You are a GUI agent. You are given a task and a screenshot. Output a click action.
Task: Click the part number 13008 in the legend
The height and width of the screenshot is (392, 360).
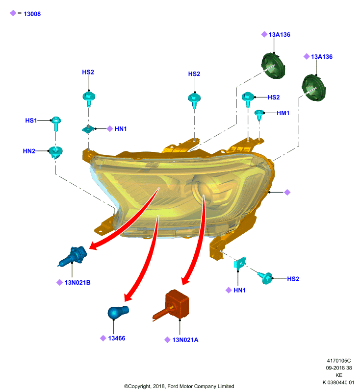click(x=32, y=14)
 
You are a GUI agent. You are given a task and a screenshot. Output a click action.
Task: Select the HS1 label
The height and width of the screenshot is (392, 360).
click(x=31, y=121)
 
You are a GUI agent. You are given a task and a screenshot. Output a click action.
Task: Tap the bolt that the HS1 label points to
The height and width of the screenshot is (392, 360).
click(x=56, y=123)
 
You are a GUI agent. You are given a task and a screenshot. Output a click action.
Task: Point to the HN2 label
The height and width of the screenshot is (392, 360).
click(x=29, y=151)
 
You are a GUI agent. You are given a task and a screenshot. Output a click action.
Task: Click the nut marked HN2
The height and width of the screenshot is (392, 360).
click(x=55, y=152)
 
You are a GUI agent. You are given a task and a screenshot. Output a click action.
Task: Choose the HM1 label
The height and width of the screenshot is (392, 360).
click(x=283, y=113)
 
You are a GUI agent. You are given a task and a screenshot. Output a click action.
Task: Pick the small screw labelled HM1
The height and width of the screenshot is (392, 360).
click(x=259, y=115)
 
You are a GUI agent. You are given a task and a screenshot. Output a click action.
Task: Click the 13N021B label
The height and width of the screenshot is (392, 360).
click(x=77, y=283)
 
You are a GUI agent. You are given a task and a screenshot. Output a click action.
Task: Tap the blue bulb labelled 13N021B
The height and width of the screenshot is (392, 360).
click(x=73, y=256)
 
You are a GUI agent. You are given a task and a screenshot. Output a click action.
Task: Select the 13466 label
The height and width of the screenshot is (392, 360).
click(x=117, y=338)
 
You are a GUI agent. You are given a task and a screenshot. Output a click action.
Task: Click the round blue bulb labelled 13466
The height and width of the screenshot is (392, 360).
click(x=118, y=312)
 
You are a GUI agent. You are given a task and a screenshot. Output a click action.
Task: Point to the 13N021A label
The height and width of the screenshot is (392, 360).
click(x=185, y=340)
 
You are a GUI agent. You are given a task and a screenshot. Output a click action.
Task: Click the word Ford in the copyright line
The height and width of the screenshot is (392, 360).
click(x=173, y=386)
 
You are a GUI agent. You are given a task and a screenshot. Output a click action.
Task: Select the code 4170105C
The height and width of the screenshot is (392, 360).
click(x=339, y=361)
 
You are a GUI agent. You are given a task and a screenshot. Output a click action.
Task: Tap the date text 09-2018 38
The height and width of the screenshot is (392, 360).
click(x=339, y=368)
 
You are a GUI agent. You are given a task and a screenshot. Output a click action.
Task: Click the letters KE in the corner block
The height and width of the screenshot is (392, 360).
click(x=339, y=375)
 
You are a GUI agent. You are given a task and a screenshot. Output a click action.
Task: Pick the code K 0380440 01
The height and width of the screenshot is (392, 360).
click(x=338, y=383)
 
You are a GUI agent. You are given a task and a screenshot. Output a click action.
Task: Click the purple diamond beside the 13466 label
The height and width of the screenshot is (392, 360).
click(x=103, y=338)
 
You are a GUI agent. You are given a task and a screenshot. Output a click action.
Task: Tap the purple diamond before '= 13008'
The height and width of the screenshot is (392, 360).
click(x=13, y=13)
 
